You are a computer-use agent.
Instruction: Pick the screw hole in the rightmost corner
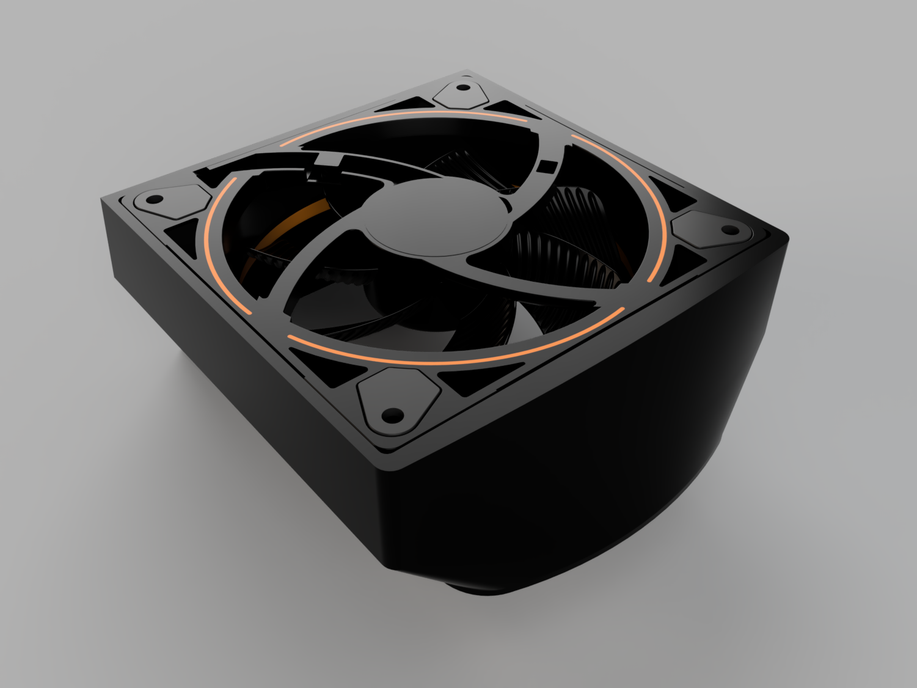[729, 230]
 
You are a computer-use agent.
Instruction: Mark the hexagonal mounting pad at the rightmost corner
[712, 229]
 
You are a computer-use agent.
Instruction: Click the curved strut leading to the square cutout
[525, 183]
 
